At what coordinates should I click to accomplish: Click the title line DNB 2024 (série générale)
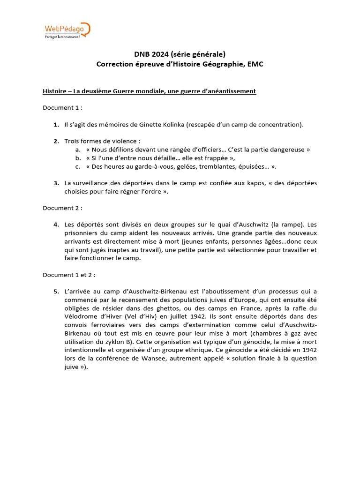click(180, 54)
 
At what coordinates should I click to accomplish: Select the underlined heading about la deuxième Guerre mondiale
click(149, 91)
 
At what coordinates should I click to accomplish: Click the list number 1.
click(56, 124)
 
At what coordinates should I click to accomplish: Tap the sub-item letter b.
click(77, 158)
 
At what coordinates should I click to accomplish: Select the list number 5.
click(56, 291)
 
